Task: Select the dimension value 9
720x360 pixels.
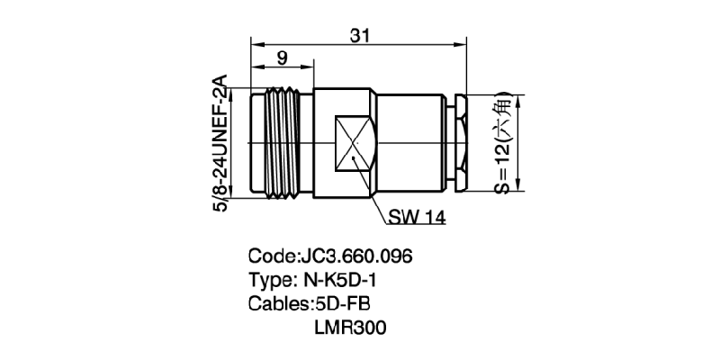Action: tap(282, 58)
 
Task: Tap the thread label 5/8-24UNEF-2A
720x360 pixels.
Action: tap(219, 142)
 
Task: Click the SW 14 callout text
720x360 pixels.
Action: tap(418, 217)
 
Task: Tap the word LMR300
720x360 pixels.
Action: tap(350, 328)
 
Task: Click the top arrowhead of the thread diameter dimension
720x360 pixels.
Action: tap(234, 91)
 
